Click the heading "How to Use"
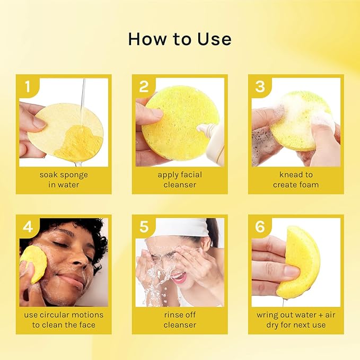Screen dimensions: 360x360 tap(180, 39)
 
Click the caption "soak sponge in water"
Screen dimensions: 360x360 tap(63, 180)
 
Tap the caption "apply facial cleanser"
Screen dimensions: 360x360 tap(180, 180)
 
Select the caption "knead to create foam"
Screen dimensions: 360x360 tap(296, 180)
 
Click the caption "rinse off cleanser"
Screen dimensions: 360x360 tap(180, 320)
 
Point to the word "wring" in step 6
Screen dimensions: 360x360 tap(268, 315)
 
